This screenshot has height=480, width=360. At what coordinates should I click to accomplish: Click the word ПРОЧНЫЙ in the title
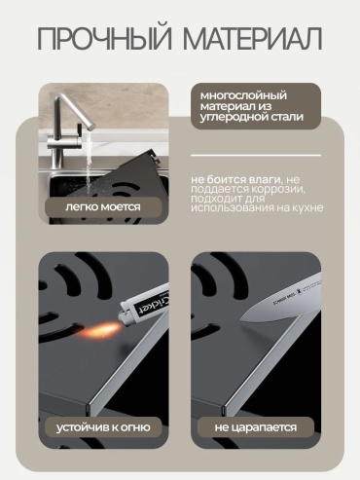pyautogui.click(x=104, y=38)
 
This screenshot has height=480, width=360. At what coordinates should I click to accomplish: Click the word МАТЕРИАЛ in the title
pyautogui.click(x=253, y=40)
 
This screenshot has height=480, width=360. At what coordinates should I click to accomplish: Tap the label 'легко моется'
pyautogui.click(x=103, y=206)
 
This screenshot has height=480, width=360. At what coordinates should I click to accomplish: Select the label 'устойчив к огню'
pyautogui.click(x=103, y=427)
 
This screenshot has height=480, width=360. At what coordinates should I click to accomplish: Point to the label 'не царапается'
pyautogui.click(x=256, y=427)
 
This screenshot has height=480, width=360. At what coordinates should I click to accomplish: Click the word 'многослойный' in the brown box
pyautogui.click(x=243, y=96)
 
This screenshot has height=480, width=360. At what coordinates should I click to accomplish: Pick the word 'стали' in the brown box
pyautogui.click(x=286, y=117)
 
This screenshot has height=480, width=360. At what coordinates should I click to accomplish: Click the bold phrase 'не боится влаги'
pyautogui.click(x=237, y=179)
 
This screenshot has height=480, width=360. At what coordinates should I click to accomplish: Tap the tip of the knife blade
pyautogui.click(x=240, y=319)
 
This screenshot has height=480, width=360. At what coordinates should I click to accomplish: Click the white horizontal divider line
pyautogui.click(x=256, y=155)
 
